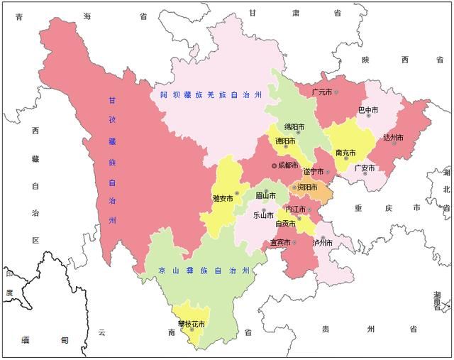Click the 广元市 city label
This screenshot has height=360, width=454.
coord(321,92)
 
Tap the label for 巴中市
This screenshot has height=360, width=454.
coord(367,111)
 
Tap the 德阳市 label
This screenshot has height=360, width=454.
coord(285,141)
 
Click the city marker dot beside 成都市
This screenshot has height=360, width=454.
coord(275,165)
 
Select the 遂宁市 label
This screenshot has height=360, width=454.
coord(313,171)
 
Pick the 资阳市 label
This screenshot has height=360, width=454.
coord(306,187)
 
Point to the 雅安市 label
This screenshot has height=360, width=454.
coord(223,199)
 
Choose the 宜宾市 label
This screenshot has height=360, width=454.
coord(280,242)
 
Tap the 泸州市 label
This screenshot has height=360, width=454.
coord(322,242)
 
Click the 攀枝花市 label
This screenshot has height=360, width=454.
coord(191,324)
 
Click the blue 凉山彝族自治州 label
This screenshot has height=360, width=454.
coord(204,271)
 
